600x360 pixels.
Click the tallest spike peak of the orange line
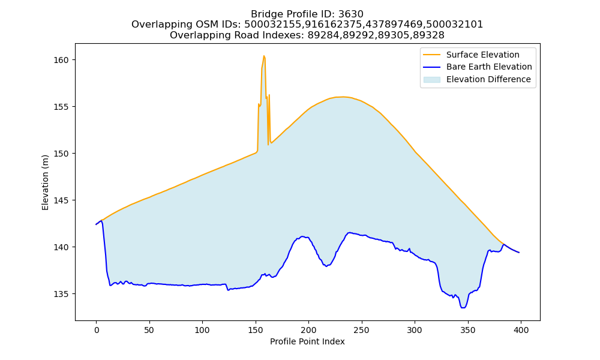point(264,56)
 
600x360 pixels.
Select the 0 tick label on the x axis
point(97,330)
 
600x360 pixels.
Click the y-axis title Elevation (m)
point(45,182)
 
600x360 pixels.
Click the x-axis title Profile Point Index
point(307,341)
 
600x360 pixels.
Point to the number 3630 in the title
point(350,14)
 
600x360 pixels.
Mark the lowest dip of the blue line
point(463,308)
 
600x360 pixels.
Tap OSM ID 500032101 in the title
point(455,25)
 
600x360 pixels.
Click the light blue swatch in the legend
point(431,80)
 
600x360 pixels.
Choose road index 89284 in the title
point(323,35)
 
